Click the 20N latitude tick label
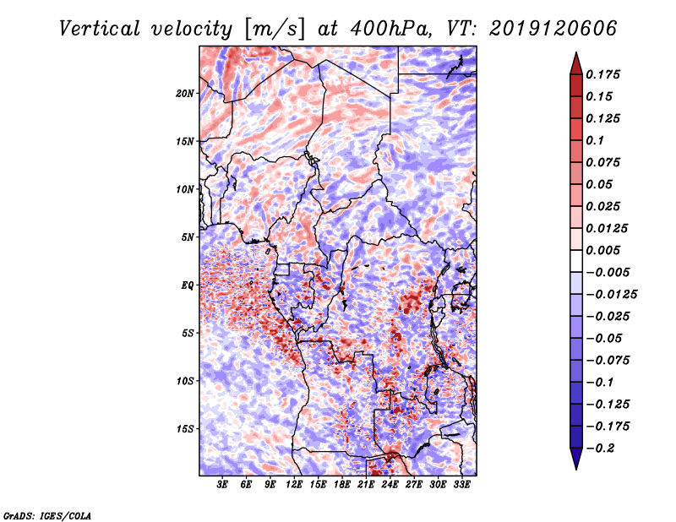(x=185, y=93)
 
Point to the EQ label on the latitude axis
(x=187, y=285)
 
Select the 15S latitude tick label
(x=185, y=428)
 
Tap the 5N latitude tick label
(x=187, y=237)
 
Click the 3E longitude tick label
(x=223, y=485)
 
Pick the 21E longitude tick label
(x=366, y=485)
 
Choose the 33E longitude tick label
(x=461, y=485)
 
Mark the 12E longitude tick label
(x=295, y=485)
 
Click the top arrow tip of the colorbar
(x=575, y=55)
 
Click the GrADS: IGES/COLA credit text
(x=46, y=514)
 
